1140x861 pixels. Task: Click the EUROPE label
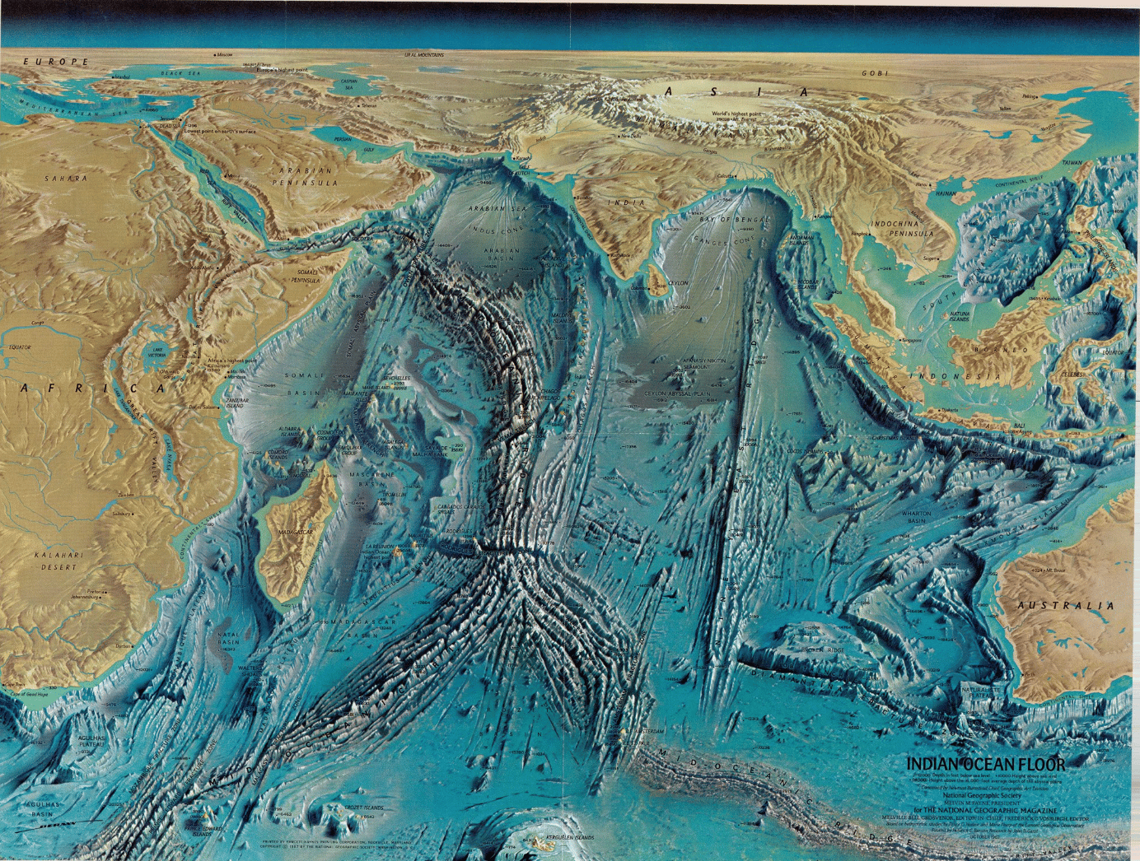[55, 63]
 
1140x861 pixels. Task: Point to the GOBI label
[875, 73]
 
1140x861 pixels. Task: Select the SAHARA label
[67, 179]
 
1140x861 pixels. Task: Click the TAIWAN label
[1072, 163]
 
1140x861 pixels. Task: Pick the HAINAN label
[946, 193]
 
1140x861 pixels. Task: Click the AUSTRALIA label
[1065, 605]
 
